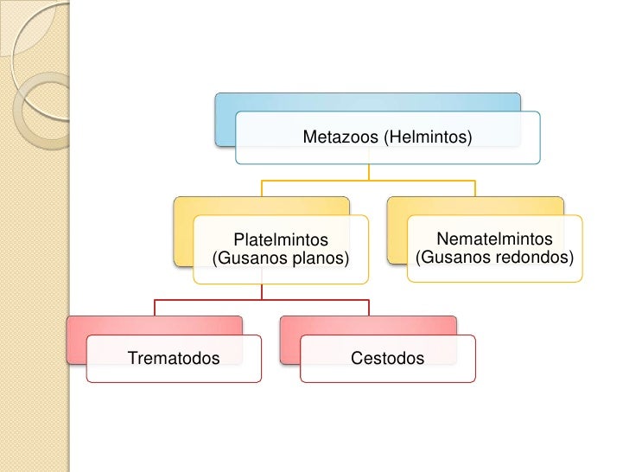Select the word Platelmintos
click(x=281, y=239)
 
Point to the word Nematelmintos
click(x=494, y=238)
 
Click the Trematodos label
click(x=173, y=358)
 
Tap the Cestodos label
click(x=387, y=358)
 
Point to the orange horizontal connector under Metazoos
click(x=368, y=181)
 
